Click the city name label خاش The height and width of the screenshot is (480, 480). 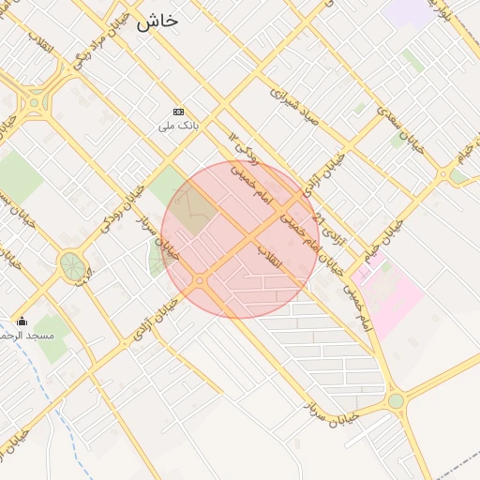(157, 22)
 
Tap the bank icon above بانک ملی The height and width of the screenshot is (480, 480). (178, 112)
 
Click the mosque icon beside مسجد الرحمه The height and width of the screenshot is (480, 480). (22, 322)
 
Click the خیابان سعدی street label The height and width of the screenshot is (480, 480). (401, 129)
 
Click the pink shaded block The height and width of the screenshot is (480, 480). (389, 295)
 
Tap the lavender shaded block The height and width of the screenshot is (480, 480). (409, 12)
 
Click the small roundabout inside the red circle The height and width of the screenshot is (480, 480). (200, 280)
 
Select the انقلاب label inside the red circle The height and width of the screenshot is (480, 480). (269, 259)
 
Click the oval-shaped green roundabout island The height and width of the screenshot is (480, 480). (71, 265)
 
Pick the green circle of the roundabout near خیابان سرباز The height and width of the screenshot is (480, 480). (396, 401)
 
